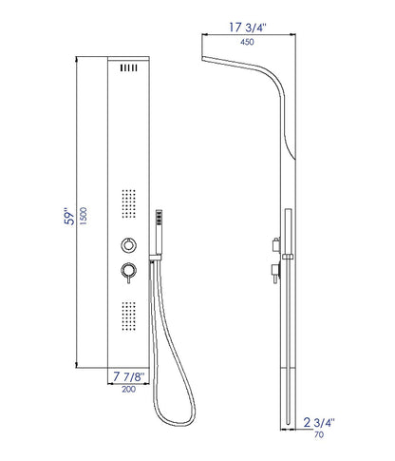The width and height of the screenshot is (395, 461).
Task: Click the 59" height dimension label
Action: click(x=69, y=217)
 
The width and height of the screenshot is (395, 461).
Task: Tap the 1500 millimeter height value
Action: click(x=84, y=216)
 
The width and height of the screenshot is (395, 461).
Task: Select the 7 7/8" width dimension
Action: click(x=129, y=376)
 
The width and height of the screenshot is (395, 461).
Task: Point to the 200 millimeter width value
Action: click(x=129, y=389)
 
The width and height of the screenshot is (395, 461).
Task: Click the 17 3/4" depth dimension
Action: click(x=248, y=28)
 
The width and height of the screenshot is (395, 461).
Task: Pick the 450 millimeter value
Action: click(x=247, y=42)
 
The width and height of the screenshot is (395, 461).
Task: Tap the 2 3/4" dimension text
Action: click(x=319, y=423)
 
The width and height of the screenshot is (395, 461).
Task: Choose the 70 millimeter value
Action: click(x=319, y=435)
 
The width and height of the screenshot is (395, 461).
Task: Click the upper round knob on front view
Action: click(x=129, y=244)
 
